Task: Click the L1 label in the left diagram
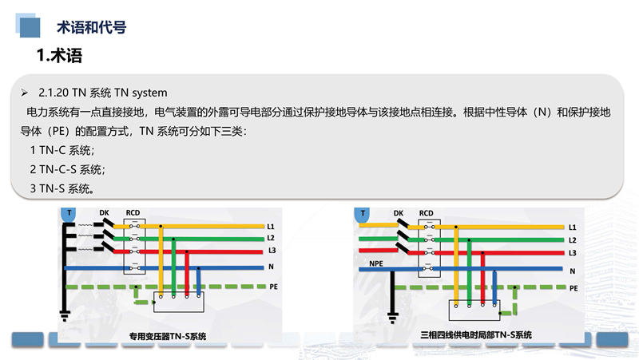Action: click(x=272, y=226)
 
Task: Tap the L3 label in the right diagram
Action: click(x=573, y=252)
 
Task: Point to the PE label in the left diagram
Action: click(x=273, y=285)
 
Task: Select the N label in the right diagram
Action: click(x=573, y=271)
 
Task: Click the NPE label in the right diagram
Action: click(x=375, y=262)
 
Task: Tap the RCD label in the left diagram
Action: click(x=133, y=212)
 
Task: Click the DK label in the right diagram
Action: click(x=399, y=213)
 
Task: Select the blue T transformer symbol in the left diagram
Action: click(x=69, y=213)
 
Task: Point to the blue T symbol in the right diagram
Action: click(x=364, y=213)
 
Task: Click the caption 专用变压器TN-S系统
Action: click(x=166, y=336)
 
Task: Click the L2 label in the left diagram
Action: click(x=272, y=238)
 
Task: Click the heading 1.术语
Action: click(x=60, y=56)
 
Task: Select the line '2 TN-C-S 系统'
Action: click(x=67, y=169)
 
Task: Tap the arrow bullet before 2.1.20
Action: click(x=25, y=93)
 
